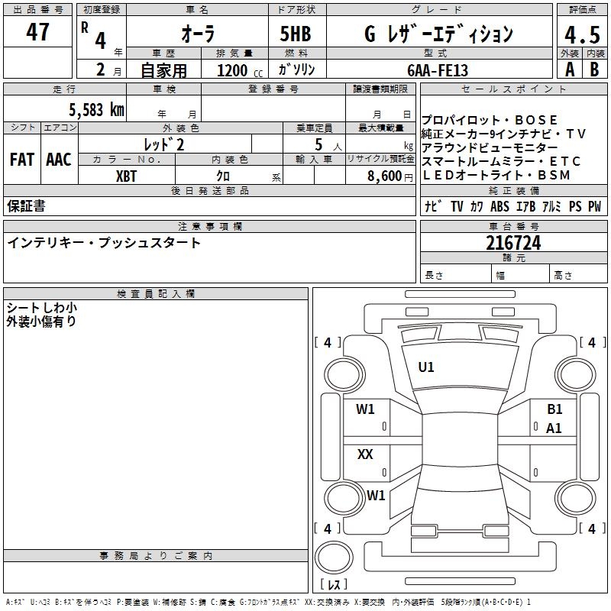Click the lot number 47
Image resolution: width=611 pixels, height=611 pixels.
click(38, 32)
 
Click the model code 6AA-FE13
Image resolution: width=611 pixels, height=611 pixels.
click(438, 70)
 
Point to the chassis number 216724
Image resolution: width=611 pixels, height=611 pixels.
click(513, 244)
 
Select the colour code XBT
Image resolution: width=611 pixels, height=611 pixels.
click(128, 175)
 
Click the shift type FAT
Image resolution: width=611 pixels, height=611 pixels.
click(21, 160)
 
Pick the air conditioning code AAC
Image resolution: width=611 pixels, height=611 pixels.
click(58, 160)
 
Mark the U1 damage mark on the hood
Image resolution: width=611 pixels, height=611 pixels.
click(425, 367)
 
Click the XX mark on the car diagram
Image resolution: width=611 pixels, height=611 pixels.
click(365, 454)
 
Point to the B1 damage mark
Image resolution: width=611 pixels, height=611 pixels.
click(554, 409)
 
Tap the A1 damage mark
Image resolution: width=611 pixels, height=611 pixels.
click(554, 428)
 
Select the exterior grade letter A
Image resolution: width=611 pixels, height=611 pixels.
click(569, 70)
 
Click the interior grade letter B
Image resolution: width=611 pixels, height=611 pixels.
click(595, 70)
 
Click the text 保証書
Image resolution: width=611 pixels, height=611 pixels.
click(26, 206)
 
